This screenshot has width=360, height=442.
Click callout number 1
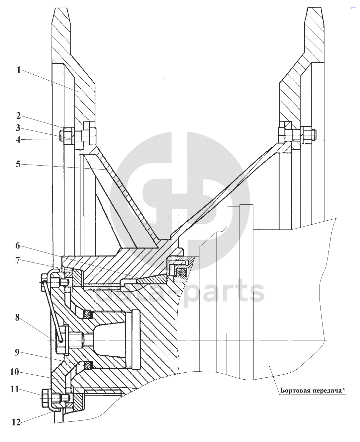coord(19,70)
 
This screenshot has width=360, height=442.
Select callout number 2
coord(19,116)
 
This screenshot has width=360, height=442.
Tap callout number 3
coord(19,128)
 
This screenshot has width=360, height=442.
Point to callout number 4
coord(19,140)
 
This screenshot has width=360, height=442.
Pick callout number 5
coord(19,164)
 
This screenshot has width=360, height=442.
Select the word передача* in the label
coord(328,390)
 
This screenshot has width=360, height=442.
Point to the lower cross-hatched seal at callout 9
coord(88,365)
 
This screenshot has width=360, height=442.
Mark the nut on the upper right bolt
coord(309,135)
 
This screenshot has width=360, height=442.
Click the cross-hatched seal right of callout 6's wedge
coord(180,273)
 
